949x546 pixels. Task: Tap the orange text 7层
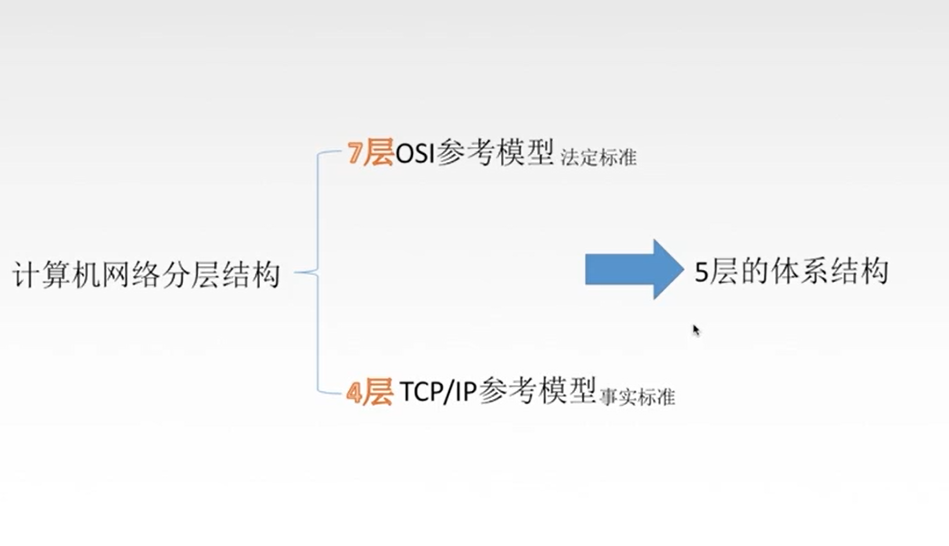(370, 153)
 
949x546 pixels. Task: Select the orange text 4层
(369, 392)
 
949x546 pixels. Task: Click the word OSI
(414, 154)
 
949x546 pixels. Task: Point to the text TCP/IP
(438, 392)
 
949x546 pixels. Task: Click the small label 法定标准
(598, 157)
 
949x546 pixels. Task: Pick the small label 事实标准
(637, 397)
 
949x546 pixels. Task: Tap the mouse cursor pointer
(696, 329)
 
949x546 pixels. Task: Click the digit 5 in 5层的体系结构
(701, 272)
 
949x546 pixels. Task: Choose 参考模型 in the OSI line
(495, 153)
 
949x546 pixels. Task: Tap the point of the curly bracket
(297, 272)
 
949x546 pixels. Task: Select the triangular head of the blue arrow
(666, 269)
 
